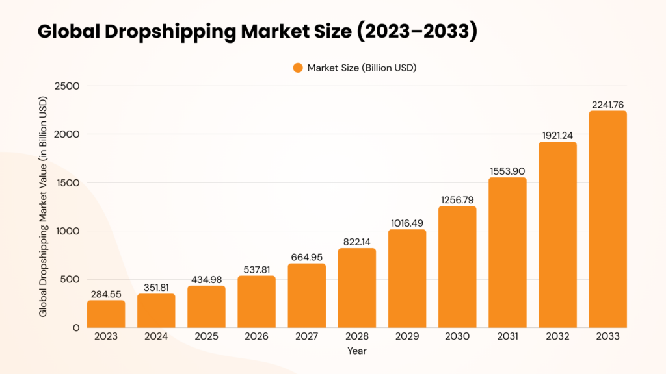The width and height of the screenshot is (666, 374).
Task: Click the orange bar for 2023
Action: click(106, 314)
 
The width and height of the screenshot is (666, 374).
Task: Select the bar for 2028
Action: click(357, 288)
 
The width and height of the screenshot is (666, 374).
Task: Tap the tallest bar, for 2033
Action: click(608, 219)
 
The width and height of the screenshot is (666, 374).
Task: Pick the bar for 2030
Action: click(457, 267)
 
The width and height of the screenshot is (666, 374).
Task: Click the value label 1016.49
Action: click(407, 223)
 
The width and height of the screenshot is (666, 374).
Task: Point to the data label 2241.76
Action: click(608, 104)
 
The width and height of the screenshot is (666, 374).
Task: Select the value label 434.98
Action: click(206, 279)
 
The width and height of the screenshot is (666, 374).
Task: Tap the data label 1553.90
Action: click(507, 171)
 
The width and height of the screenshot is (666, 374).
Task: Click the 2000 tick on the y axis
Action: click(66, 134)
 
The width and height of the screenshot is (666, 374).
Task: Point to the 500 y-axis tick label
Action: click(71, 279)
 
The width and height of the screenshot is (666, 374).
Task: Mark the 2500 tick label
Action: click(66, 86)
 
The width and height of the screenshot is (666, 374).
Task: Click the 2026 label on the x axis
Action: click(257, 336)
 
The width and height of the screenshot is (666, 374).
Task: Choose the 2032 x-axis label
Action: click(558, 336)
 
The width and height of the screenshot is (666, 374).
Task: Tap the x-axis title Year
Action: click(357, 351)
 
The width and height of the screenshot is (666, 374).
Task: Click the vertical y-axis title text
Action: click(44, 207)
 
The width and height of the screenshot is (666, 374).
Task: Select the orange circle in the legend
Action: click(298, 68)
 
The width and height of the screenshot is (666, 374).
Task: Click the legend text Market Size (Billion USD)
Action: click(363, 68)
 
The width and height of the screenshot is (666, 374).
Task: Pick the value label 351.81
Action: click(156, 287)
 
